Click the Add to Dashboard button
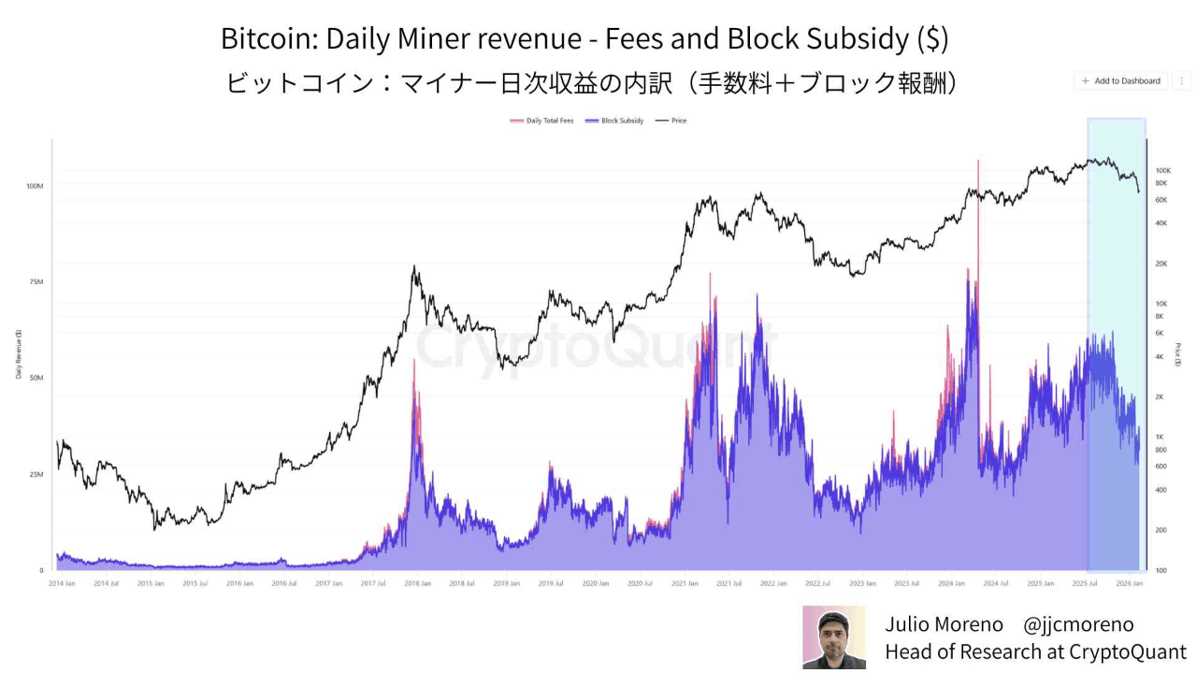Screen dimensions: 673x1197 click(x=1120, y=81)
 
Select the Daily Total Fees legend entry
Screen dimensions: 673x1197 click(x=542, y=121)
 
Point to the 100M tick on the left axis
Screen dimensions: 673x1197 click(x=35, y=186)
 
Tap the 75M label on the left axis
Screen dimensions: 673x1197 click(x=36, y=282)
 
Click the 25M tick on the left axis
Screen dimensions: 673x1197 click(x=36, y=474)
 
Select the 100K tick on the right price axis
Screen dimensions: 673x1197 click(x=1163, y=171)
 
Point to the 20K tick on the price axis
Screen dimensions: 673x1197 click(x=1161, y=264)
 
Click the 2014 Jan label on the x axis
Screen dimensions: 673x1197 click(x=62, y=583)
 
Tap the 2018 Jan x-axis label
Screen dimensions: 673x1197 click(x=417, y=583)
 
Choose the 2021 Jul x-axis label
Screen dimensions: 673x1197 click(x=729, y=583)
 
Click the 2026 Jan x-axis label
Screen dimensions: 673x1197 click(x=1130, y=583)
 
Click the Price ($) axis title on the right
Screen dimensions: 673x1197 click(x=1178, y=355)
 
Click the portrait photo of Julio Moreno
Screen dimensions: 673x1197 click(x=834, y=637)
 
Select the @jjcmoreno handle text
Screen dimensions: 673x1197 click(x=1078, y=624)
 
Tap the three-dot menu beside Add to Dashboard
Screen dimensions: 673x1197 click(x=1182, y=81)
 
